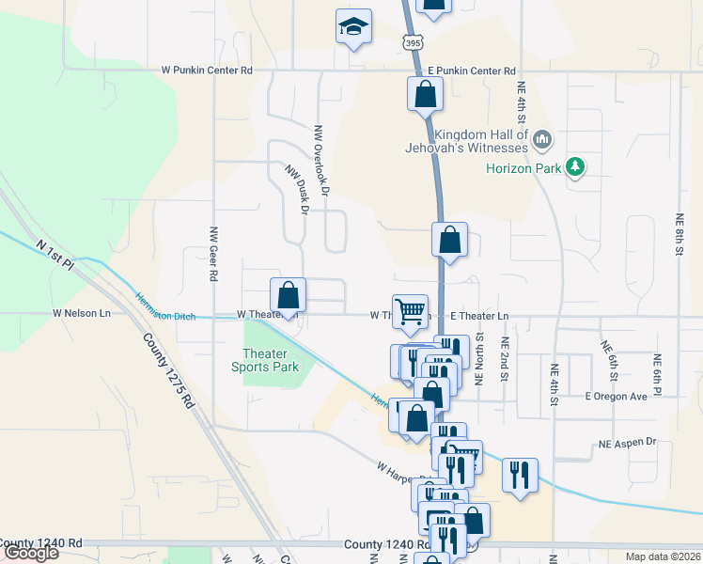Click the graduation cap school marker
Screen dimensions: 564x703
coord(353,27)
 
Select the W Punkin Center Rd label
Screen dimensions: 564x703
coord(207,70)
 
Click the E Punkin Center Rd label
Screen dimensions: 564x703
coord(472,70)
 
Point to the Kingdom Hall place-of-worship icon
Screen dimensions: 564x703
coord(541,141)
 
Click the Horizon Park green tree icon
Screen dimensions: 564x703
coord(575,168)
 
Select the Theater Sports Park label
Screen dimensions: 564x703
coord(265,361)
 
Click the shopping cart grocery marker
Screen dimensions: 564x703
coord(410,311)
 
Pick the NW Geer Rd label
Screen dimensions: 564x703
coord(214,255)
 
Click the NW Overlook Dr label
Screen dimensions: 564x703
coord(322,161)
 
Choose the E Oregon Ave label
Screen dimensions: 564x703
coord(616,397)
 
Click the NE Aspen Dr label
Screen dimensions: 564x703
coord(627,442)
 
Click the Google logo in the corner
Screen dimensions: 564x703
coord(30,554)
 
